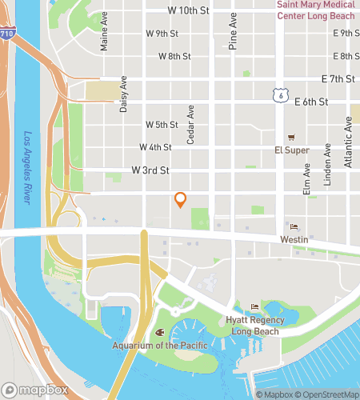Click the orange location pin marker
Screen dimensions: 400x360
[181, 200]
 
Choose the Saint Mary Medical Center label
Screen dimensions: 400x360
[317, 10]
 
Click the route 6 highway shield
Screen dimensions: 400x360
[278, 95]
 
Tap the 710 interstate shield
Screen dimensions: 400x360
[6, 35]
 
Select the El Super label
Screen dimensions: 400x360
[291, 150]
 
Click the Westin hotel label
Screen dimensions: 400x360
[294, 238]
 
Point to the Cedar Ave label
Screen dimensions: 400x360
[191, 126]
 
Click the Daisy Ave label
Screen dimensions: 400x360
[124, 94]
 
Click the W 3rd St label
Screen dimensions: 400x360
[151, 170]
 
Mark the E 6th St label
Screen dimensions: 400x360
[312, 102]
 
